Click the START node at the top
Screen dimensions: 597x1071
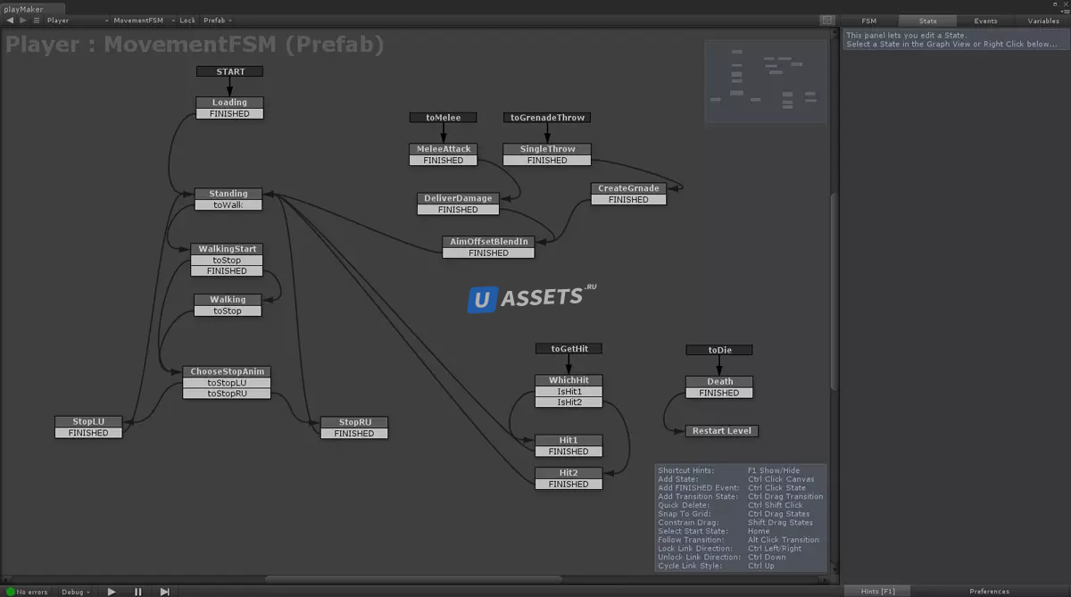(230, 71)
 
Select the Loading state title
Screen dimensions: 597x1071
(229, 103)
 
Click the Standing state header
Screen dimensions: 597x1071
(228, 194)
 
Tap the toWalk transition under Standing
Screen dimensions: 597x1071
(228, 205)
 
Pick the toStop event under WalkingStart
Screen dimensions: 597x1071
(227, 261)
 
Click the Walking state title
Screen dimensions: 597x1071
(228, 300)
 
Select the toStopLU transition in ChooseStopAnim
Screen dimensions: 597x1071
(227, 383)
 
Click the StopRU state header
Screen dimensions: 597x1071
(354, 422)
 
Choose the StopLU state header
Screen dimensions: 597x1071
(88, 421)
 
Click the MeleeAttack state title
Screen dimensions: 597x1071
(444, 149)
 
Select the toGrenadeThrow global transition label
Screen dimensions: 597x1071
(547, 118)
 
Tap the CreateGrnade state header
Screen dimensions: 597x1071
(628, 188)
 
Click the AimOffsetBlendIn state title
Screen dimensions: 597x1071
(488, 242)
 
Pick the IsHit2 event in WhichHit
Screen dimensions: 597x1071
(569, 402)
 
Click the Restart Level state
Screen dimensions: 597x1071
(722, 431)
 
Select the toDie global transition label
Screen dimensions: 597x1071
(719, 350)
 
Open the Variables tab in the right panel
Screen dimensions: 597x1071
(1043, 21)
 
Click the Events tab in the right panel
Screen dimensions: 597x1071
(985, 21)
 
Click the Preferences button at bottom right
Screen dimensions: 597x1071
(989, 591)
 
